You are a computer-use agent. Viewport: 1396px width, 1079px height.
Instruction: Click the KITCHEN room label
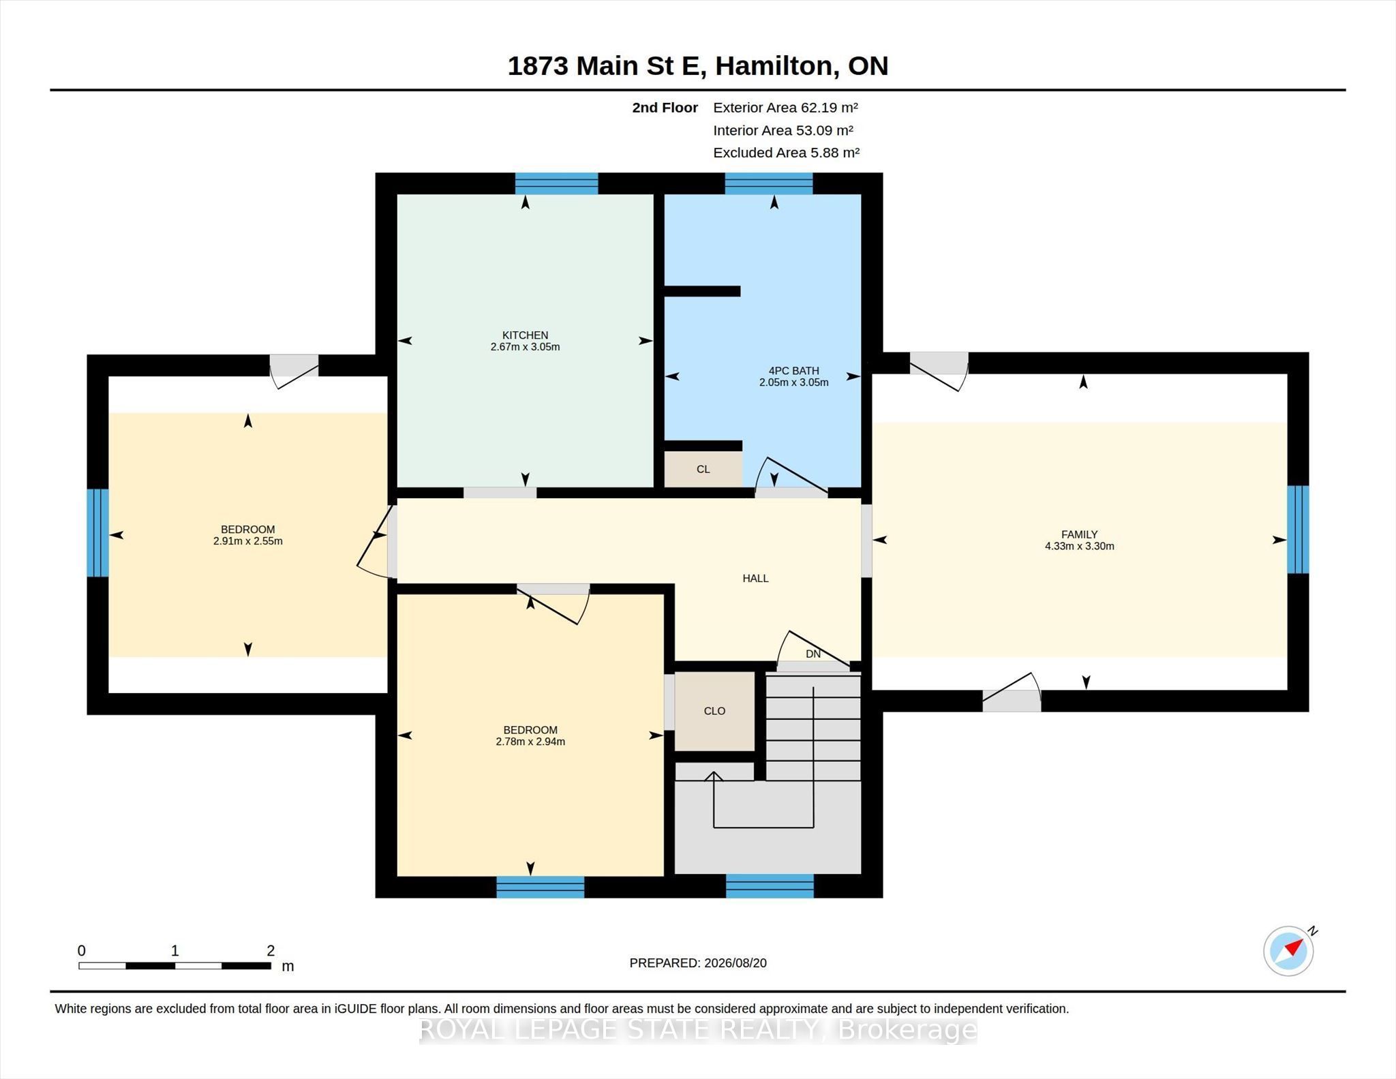click(x=525, y=335)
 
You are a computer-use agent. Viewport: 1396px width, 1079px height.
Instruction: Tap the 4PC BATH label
click(x=793, y=371)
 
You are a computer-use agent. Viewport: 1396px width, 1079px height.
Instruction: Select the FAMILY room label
click(x=1079, y=534)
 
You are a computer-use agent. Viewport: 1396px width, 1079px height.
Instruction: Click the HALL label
click(x=755, y=578)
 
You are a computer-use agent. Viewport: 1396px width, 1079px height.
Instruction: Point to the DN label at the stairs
click(x=813, y=654)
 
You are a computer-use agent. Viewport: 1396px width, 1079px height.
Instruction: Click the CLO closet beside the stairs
click(x=714, y=711)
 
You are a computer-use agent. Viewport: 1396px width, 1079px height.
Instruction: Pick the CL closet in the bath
click(x=703, y=469)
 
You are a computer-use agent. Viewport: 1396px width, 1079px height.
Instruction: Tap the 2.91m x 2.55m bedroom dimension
click(x=247, y=541)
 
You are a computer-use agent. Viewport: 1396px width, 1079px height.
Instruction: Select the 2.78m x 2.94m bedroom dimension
click(x=530, y=742)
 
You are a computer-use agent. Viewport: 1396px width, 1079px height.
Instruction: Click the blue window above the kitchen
click(x=556, y=183)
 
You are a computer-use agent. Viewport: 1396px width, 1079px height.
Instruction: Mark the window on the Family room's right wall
click(x=1298, y=530)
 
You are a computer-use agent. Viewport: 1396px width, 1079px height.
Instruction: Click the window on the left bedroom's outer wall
click(x=98, y=533)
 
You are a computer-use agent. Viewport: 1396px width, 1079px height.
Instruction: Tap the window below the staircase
click(x=770, y=886)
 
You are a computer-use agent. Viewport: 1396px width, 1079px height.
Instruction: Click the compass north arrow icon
click(x=1289, y=950)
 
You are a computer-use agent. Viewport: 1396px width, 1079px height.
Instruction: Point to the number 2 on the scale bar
click(x=271, y=950)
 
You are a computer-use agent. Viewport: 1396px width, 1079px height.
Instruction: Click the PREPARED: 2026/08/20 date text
click(x=698, y=963)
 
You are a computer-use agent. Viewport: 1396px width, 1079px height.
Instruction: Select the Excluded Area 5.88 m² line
click(x=786, y=153)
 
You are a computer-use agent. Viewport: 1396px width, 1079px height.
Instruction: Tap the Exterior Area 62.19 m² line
click(x=785, y=108)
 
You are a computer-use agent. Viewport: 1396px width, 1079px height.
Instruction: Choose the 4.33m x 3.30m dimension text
click(x=1080, y=546)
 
